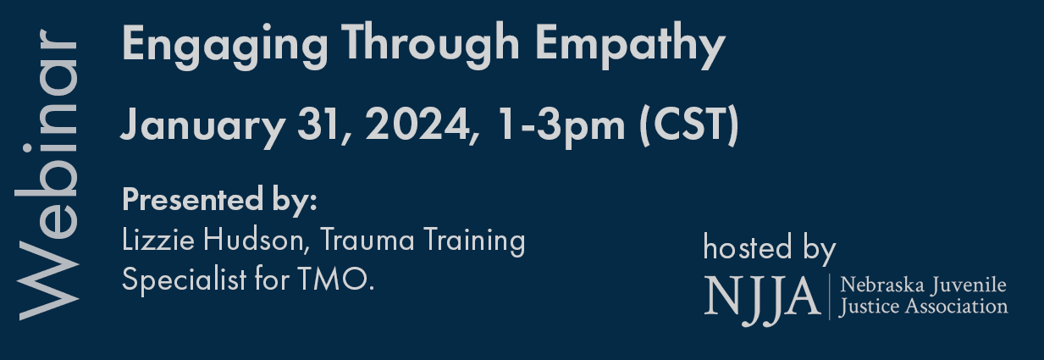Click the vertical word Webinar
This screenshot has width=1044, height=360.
tap(47, 174)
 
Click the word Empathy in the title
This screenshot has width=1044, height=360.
tap(630, 47)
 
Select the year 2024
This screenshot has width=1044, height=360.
tap(422, 124)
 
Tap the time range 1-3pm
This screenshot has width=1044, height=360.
tap(561, 127)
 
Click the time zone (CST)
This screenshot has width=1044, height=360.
tap(689, 126)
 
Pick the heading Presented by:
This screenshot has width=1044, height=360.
tap(219, 201)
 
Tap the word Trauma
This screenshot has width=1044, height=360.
tap(367, 240)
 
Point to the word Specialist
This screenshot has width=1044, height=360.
tap(184, 280)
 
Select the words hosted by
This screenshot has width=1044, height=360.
tap(770, 249)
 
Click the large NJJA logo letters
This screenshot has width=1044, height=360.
tap(762, 298)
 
